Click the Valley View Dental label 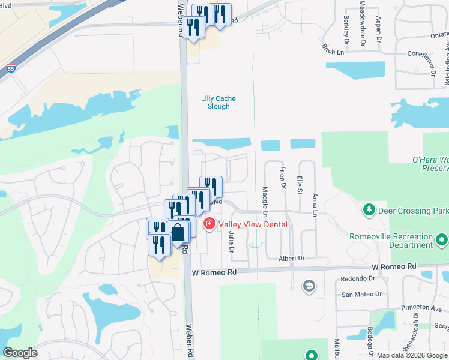253,225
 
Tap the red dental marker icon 209,225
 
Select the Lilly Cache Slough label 215,103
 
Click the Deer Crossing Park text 414,211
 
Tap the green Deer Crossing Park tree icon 369,211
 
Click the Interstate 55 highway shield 11,70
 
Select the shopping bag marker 178,232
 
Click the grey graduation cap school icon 309,285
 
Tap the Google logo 20,353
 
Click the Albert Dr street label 291,258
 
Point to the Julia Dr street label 231,242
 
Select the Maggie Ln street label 265,203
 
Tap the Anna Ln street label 314,205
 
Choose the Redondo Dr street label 357,279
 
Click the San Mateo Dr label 361,294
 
